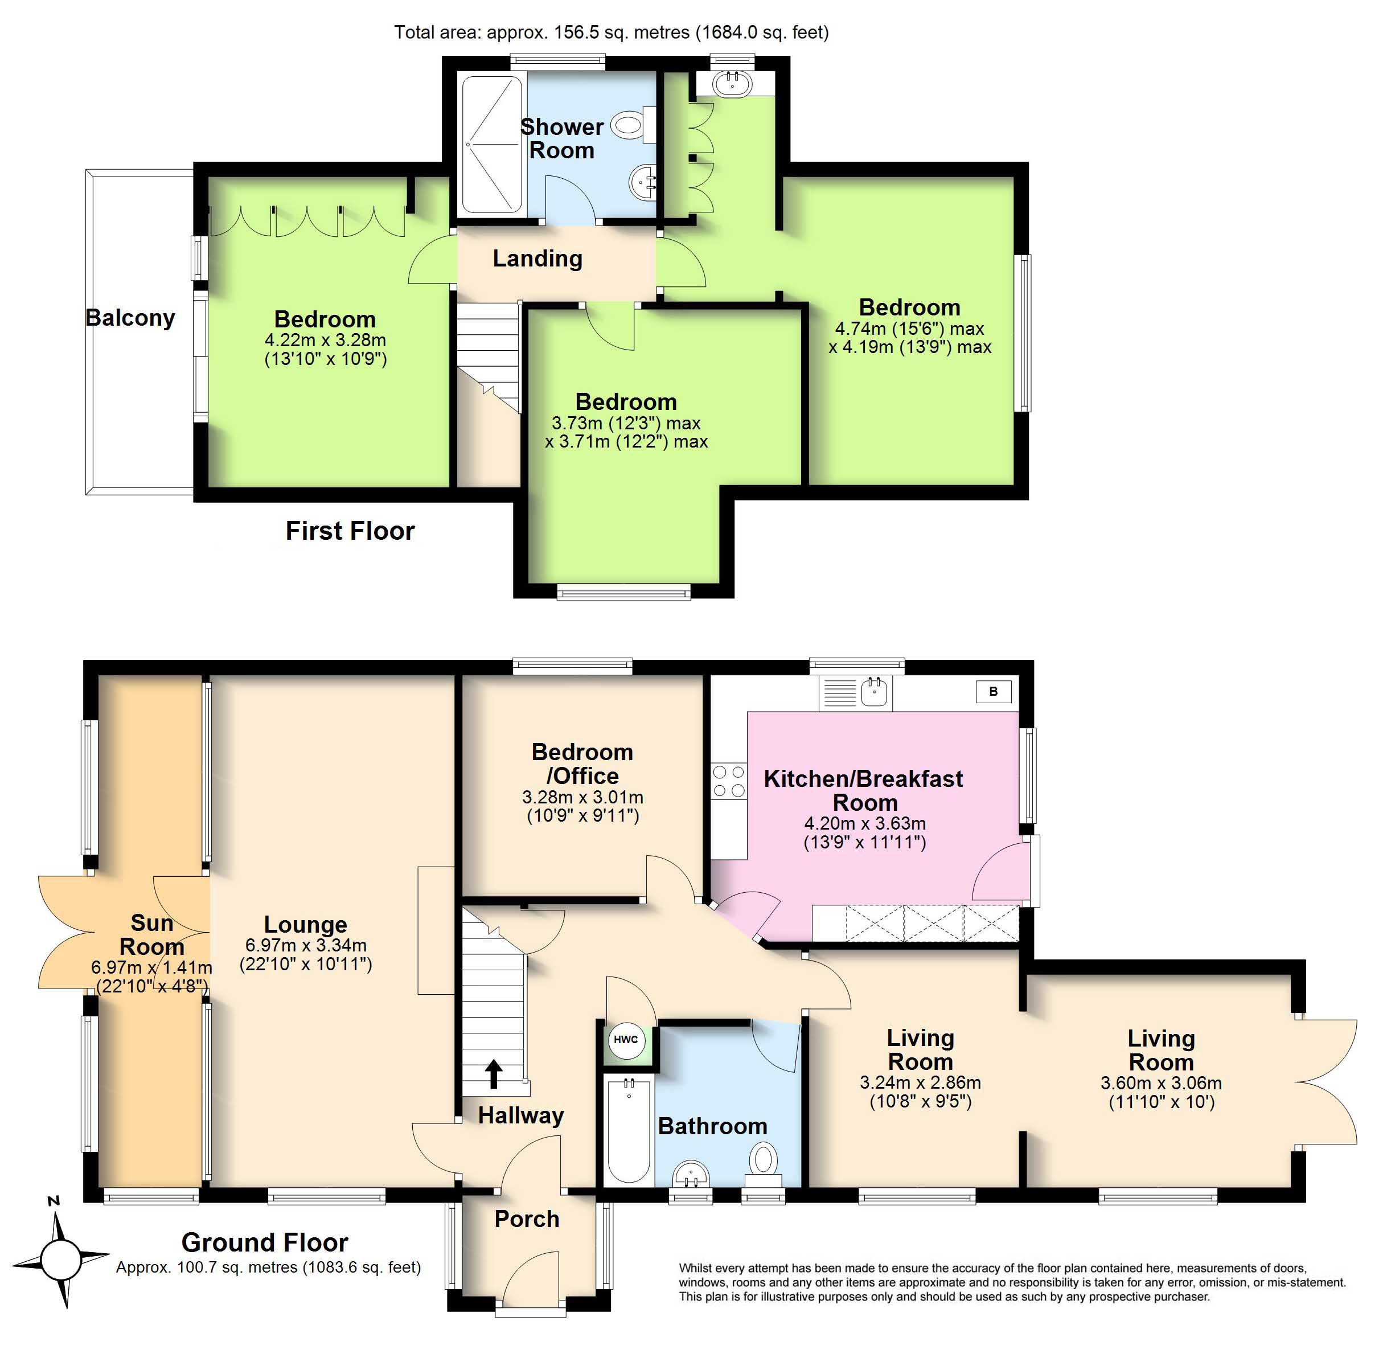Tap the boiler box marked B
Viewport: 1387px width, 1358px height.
tap(994, 691)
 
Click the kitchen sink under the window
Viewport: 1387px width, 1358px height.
tap(856, 692)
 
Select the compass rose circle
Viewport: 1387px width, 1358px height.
tap(60, 1259)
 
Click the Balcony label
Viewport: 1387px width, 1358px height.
tap(130, 317)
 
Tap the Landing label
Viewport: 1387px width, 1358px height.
tap(537, 258)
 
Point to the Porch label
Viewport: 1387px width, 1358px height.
tap(527, 1219)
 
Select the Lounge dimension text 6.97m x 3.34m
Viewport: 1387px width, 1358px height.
tap(306, 945)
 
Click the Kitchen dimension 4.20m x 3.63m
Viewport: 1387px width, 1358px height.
tap(865, 823)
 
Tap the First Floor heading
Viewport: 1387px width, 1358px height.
tap(350, 531)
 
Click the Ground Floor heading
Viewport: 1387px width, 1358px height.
tap(265, 1242)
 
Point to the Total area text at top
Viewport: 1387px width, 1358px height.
tap(611, 32)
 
